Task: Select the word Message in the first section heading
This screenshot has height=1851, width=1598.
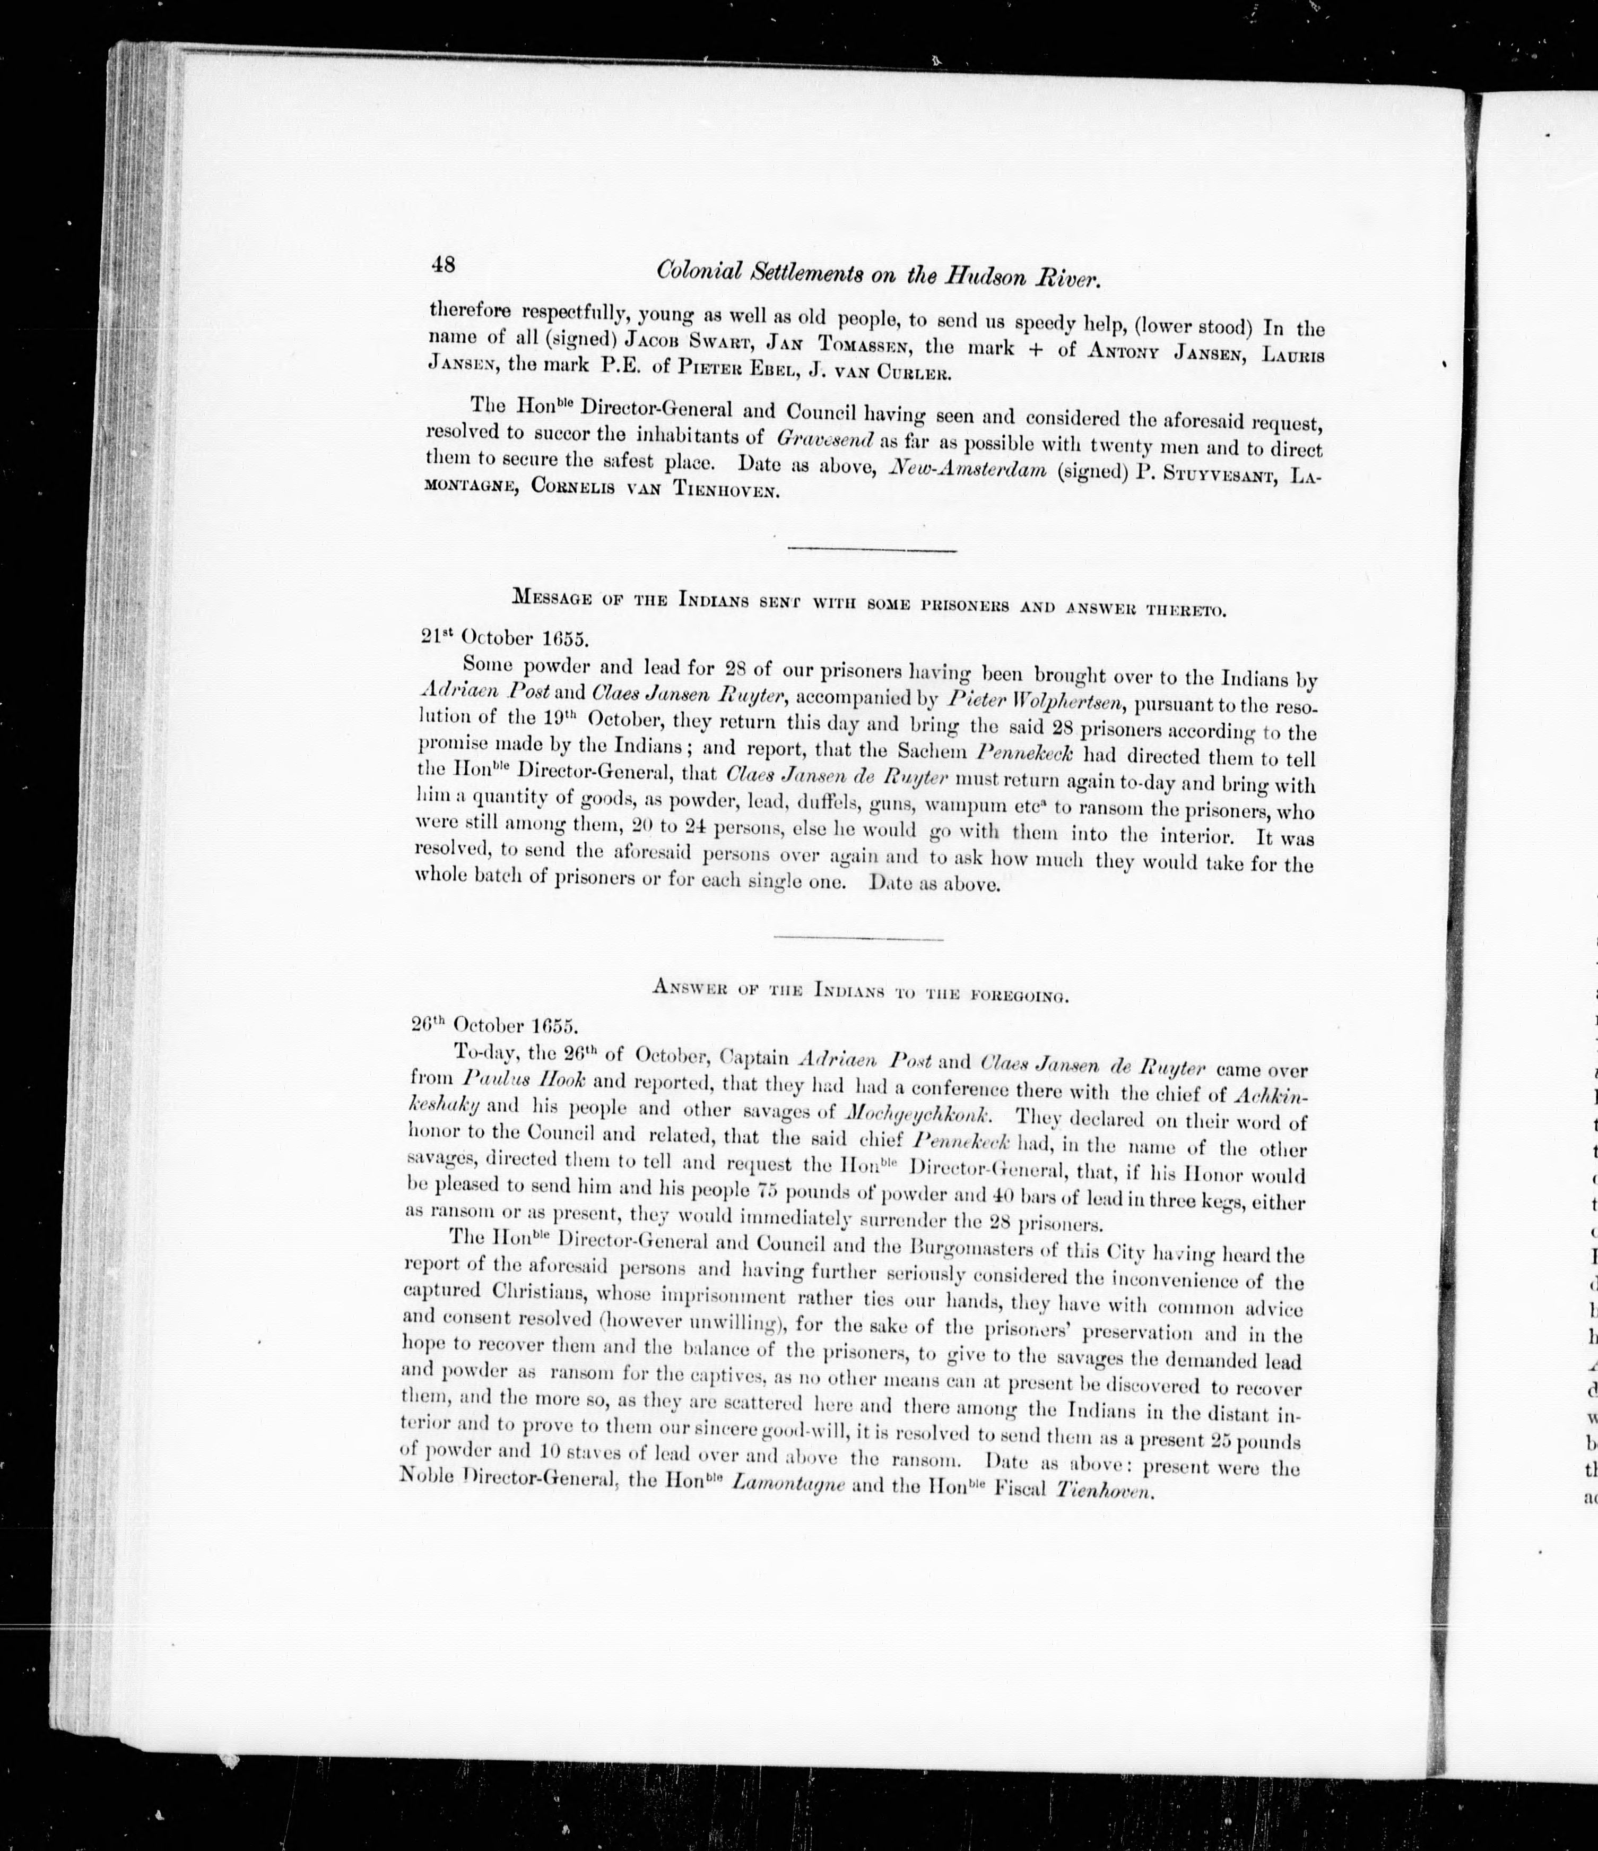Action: click(549, 599)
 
